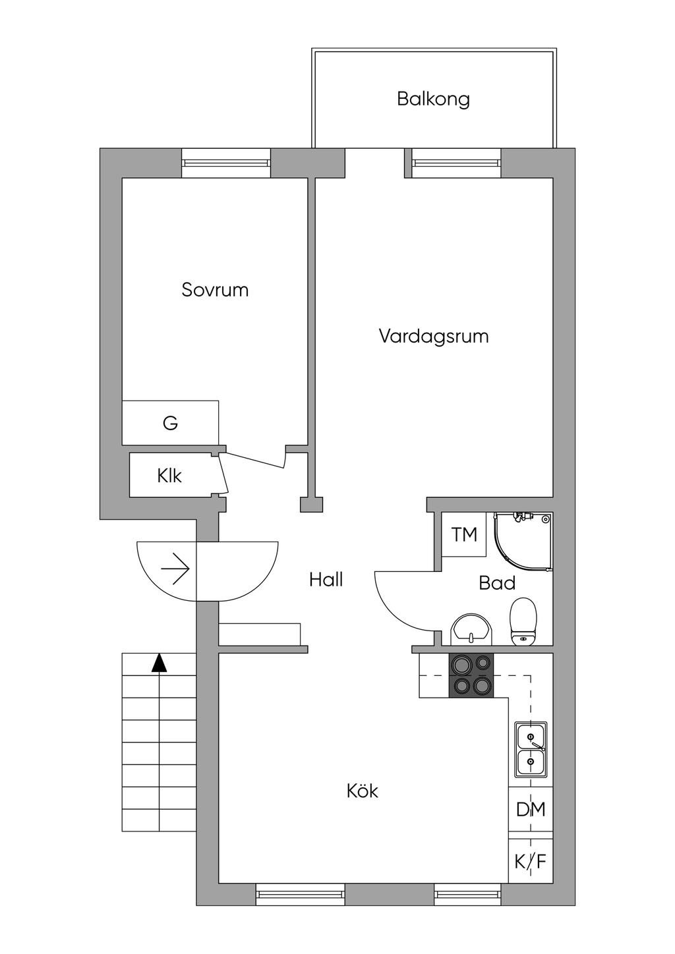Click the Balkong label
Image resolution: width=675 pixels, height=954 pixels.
(433, 99)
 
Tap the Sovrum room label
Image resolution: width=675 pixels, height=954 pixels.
(215, 290)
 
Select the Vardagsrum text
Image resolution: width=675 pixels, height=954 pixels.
(433, 337)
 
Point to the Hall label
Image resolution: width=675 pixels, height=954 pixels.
(326, 580)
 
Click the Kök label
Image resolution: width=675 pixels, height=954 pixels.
(362, 791)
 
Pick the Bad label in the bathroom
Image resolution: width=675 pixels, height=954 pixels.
(497, 583)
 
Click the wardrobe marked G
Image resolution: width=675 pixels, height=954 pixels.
(170, 423)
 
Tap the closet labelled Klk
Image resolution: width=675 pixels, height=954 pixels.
(169, 475)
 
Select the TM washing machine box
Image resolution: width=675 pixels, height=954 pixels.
(464, 534)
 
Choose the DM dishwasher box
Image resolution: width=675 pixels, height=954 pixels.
(531, 809)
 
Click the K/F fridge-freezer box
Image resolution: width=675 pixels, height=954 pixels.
(531, 861)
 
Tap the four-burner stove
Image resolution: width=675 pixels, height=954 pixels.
(471, 675)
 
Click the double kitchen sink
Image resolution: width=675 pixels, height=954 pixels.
(531, 748)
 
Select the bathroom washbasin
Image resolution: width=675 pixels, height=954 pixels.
(471, 630)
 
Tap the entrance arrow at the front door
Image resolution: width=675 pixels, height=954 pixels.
(176, 568)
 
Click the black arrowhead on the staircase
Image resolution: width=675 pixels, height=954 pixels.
(159, 663)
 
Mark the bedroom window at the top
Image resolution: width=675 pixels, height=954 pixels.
(226, 163)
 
